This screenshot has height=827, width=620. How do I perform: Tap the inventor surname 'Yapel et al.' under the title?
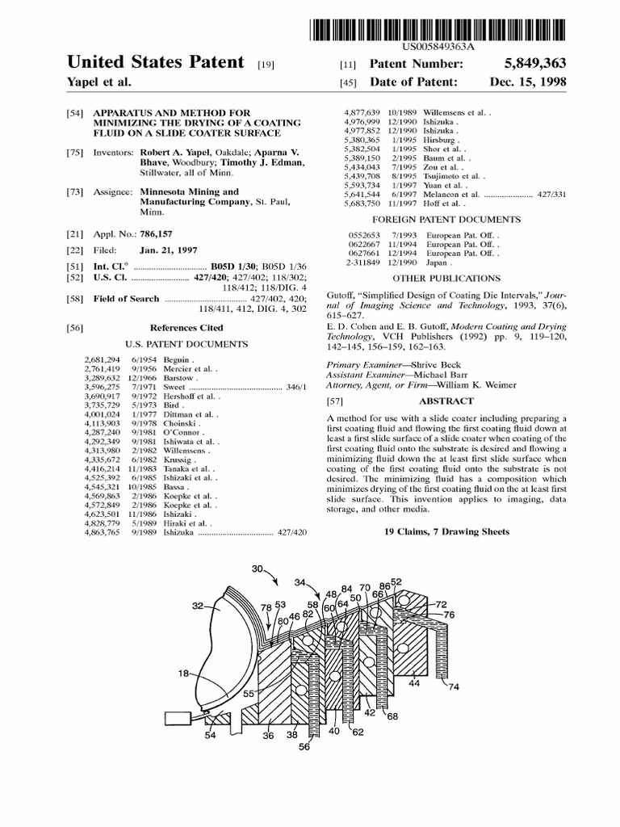[98, 82]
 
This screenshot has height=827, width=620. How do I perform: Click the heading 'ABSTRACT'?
[445, 401]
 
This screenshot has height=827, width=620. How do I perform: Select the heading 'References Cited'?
[186, 328]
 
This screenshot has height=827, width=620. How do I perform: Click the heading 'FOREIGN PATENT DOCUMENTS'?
[446, 219]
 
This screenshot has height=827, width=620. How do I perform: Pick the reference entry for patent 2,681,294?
[101, 359]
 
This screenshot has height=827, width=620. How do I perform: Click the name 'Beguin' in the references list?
[177, 359]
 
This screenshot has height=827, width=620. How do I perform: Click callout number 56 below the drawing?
[304, 748]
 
